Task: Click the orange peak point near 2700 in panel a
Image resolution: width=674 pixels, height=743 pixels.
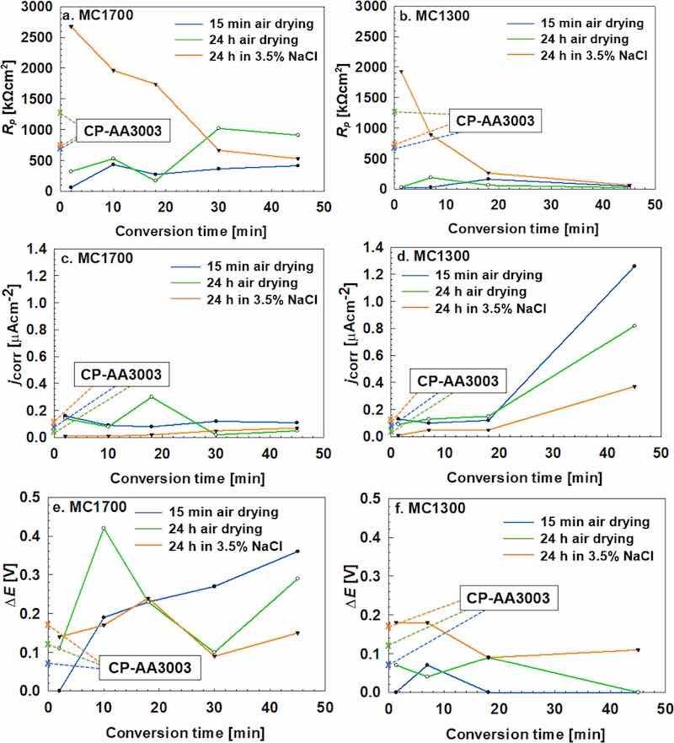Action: click(71, 26)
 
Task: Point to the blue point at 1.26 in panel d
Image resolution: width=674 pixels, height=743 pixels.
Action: click(634, 267)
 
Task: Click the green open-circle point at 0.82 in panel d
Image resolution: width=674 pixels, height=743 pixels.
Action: click(634, 326)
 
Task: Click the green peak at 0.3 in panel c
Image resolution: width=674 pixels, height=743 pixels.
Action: click(151, 396)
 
